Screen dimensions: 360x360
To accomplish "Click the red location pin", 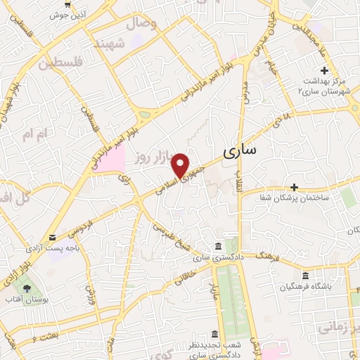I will [181, 165].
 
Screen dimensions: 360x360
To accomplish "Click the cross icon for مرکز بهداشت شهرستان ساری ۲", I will [324, 71].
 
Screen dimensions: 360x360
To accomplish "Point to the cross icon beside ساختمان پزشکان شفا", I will [294, 187].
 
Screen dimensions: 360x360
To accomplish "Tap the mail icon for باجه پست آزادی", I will [51, 238].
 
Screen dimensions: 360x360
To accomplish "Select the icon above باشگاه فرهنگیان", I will [305, 277].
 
